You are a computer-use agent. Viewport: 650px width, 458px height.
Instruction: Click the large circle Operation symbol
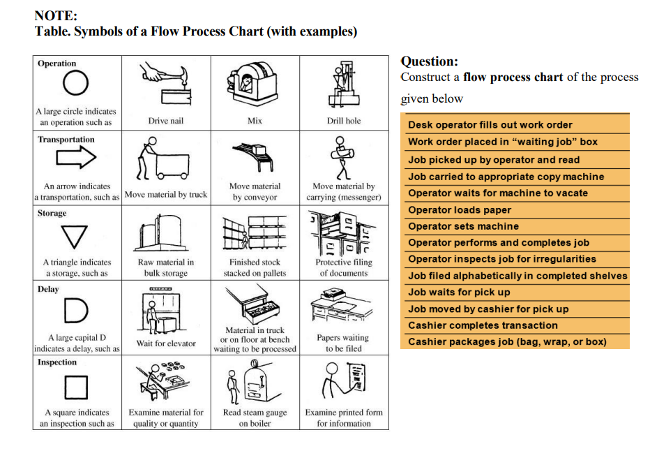(x=75, y=85)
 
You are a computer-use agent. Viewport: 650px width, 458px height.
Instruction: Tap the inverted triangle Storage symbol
(x=76, y=236)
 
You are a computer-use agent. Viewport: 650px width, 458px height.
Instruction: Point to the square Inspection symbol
(x=77, y=386)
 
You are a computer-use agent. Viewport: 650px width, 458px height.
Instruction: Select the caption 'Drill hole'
(x=344, y=121)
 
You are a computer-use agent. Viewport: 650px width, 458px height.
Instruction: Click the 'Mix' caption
(x=255, y=121)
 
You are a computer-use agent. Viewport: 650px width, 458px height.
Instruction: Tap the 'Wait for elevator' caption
(x=165, y=343)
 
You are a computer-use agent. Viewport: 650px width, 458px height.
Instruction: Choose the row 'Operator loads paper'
(x=460, y=210)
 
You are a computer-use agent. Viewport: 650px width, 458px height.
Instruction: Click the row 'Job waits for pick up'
(x=459, y=293)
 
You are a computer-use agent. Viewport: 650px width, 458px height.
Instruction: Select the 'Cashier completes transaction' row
(x=483, y=325)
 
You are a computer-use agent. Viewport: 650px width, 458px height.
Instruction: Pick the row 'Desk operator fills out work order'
(x=490, y=125)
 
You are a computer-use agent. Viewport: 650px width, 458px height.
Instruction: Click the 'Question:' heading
(x=429, y=61)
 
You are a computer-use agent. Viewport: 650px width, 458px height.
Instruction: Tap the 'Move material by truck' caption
(x=165, y=194)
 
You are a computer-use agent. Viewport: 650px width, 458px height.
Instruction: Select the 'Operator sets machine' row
(x=463, y=226)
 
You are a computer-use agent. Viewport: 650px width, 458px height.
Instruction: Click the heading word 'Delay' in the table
(x=49, y=289)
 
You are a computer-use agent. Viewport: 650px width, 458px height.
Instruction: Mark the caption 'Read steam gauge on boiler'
(x=255, y=418)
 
